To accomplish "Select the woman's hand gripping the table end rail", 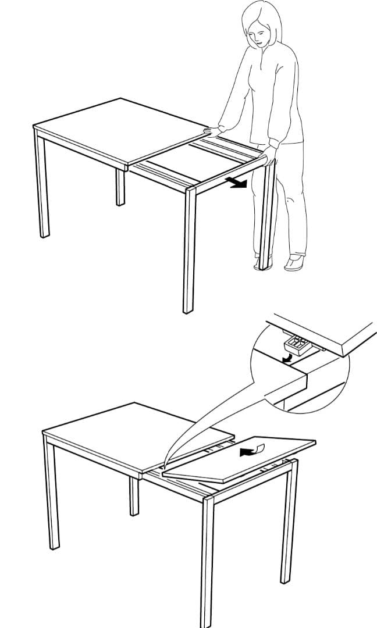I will (269, 156).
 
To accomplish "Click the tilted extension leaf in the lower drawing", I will (239, 459).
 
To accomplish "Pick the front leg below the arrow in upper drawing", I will (190, 250).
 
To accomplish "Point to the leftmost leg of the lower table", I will (52, 494).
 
